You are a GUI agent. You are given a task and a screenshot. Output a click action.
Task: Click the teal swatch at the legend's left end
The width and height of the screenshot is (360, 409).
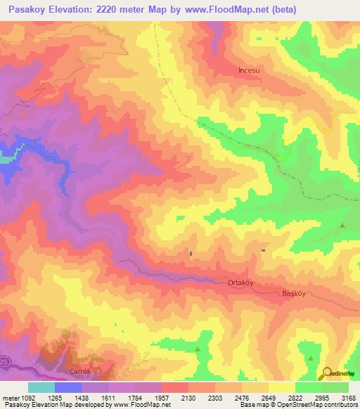(x=41, y=387)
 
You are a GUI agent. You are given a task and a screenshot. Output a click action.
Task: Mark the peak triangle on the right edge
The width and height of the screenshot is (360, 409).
(x=342, y=226)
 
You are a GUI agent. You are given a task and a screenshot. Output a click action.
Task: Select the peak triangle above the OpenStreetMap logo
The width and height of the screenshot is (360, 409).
(x=310, y=358)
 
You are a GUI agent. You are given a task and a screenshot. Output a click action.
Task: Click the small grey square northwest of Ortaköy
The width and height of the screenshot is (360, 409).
(x=191, y=253)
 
